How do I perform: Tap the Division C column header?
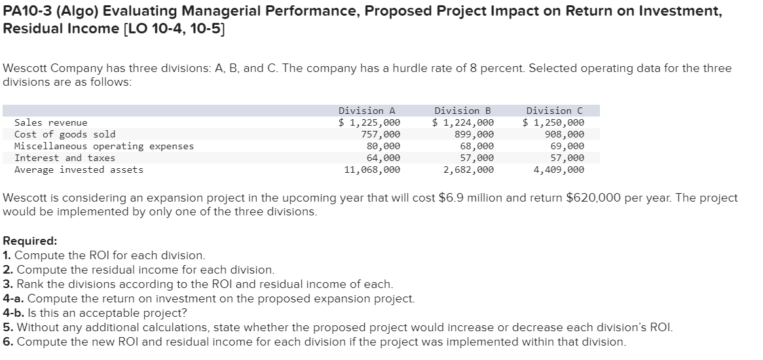tap(558, 111)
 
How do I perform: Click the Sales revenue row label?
tap(50, 122)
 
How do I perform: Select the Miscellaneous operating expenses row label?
tap(104, 146)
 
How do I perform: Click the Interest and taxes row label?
tap(65, 158)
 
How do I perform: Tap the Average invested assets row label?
tap(79, 170)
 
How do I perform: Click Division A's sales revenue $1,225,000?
tap(369, 122)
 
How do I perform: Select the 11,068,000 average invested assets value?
tap(372, 170)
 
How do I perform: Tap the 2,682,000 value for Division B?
tap(468, 170)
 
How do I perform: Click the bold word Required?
tap(30, 240)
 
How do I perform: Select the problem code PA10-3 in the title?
tap(25, 12)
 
